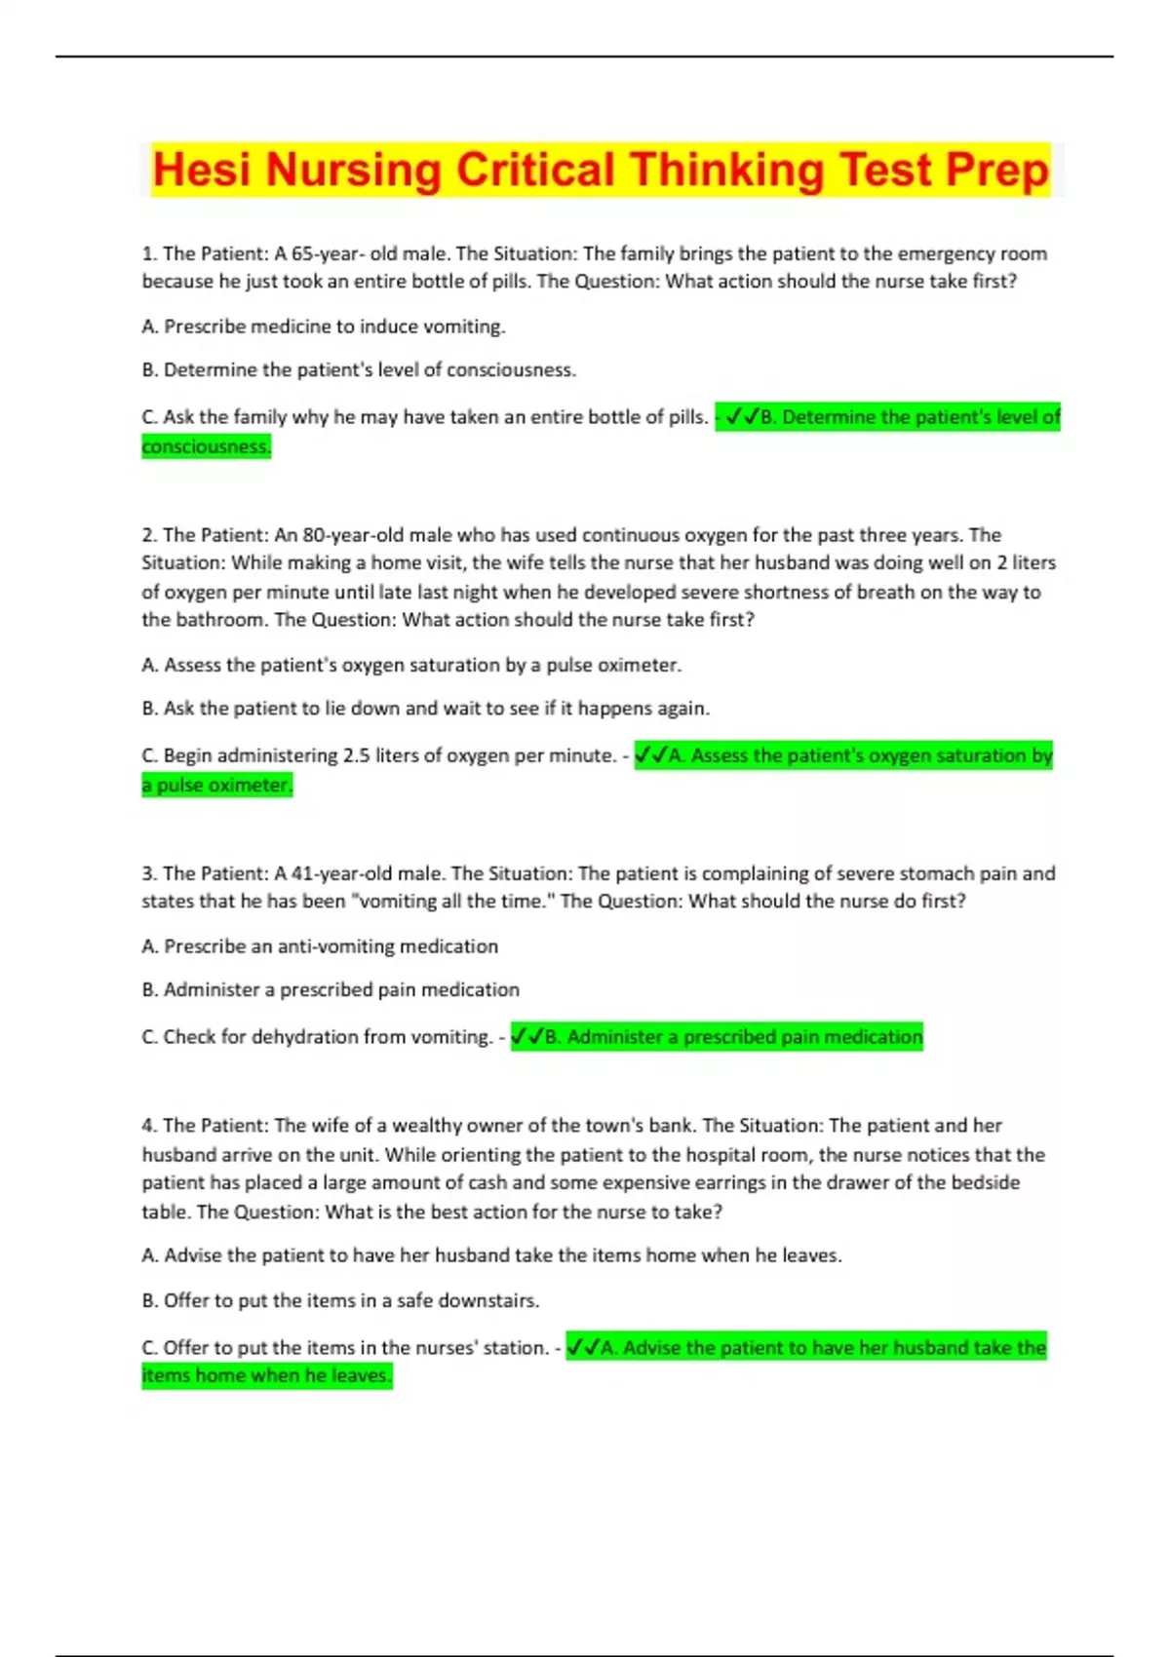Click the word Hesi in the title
click(203, 171)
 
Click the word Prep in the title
click(996, 171)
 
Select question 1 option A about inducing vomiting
click(324, 327)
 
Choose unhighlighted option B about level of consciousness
click(359, 370)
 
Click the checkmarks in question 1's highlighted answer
click(742, 417)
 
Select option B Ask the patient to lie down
click(425, 709)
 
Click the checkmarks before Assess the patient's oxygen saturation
click(651, 755)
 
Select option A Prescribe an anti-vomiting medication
click(320, 946)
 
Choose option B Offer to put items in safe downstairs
click(340, 1300)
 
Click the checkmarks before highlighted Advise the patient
click(583, 1348)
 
